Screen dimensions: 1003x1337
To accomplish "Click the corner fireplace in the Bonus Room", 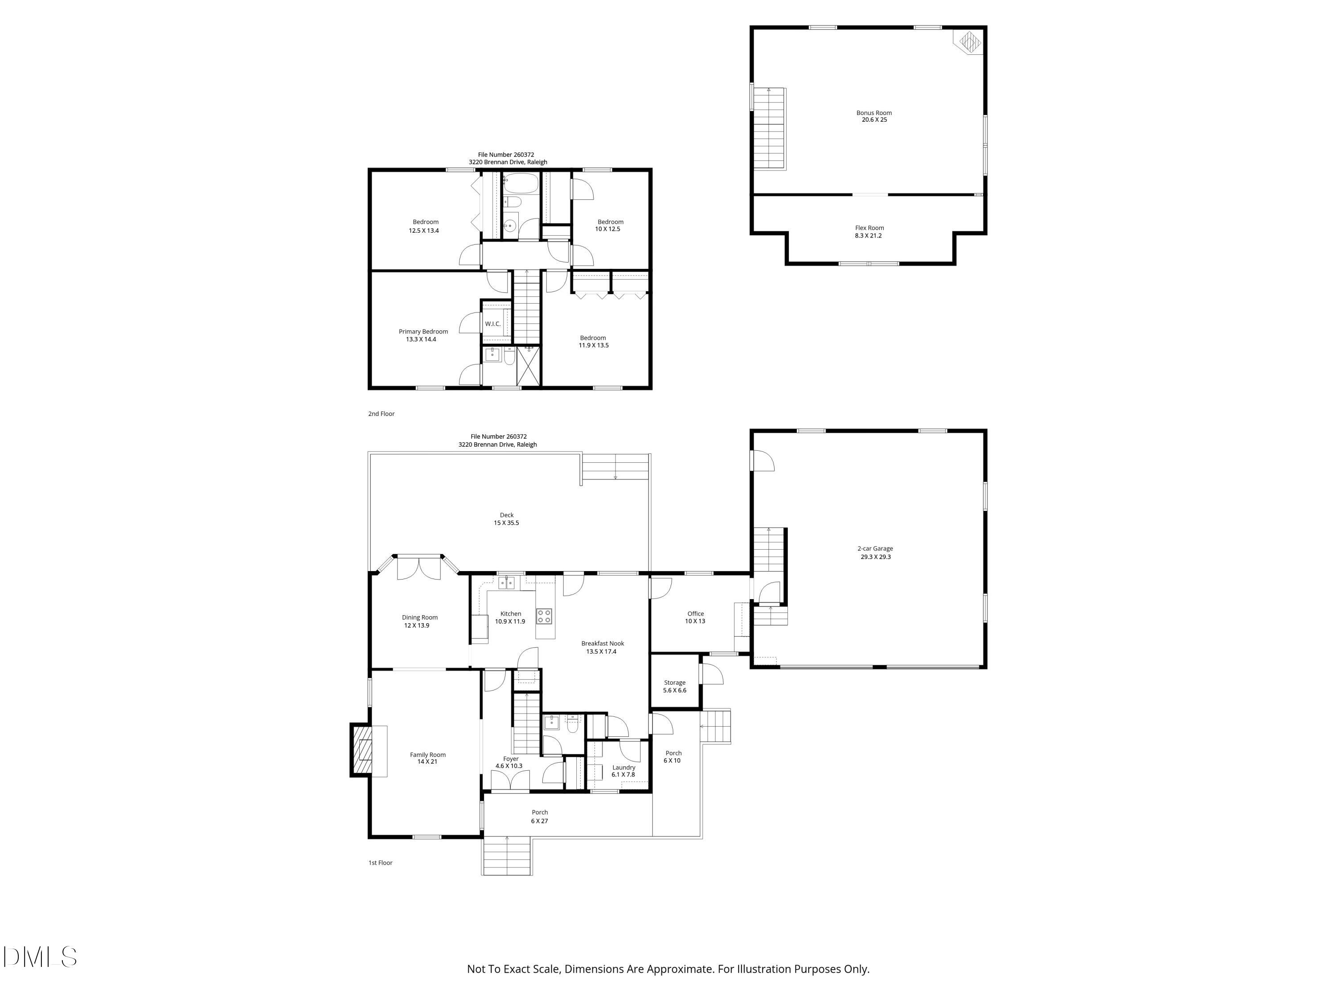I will pyautogui.click(x=968, y=42).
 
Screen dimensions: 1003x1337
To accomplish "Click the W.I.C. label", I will pyautogui.click(x=492, y=324).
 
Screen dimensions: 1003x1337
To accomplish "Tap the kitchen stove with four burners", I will pyautogui.click(x=544, y=616).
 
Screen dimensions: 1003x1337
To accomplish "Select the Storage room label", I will pyautogui.click(x=675, y=682).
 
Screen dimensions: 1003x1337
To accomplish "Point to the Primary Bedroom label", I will pyautogui.click(x=423, y=331).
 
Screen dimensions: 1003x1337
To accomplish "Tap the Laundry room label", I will pyautogui.click(x=623, y=767).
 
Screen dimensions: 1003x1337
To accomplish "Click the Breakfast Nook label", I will pyautogui.click(x=602, y=643).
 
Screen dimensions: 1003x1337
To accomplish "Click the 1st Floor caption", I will pyautogui.click(x=380, y=863).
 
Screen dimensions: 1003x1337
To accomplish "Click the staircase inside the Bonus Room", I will pyautogui.click(x=769, y=128).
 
